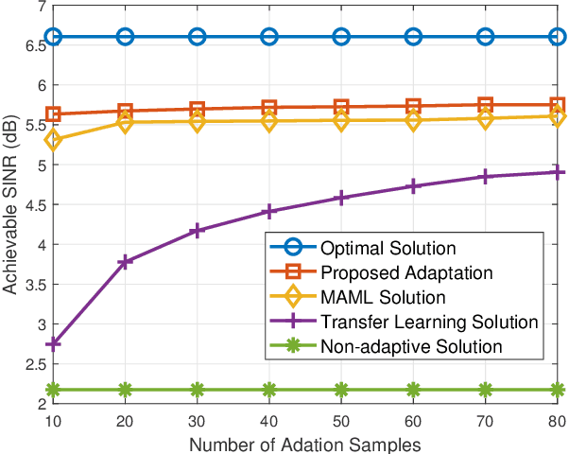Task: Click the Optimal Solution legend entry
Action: tap(389, 250)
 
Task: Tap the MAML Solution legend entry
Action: tap(381, 298)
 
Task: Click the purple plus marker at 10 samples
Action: tap(54, 344)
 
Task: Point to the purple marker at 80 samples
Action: tap(558, 172)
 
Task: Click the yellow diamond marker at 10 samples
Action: tap(54, 140)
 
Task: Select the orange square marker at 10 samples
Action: tap(54, 114)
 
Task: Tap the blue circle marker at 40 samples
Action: tap(269, 37)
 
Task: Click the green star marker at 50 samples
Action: tap(341, 390)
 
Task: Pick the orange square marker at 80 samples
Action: tap(558, 105)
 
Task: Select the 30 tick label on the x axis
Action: tap(198, 417)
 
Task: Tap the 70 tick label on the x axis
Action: tap(486, 417)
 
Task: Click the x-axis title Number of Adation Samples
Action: tap(305, 441)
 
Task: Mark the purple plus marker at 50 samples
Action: tap(341, 198)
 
